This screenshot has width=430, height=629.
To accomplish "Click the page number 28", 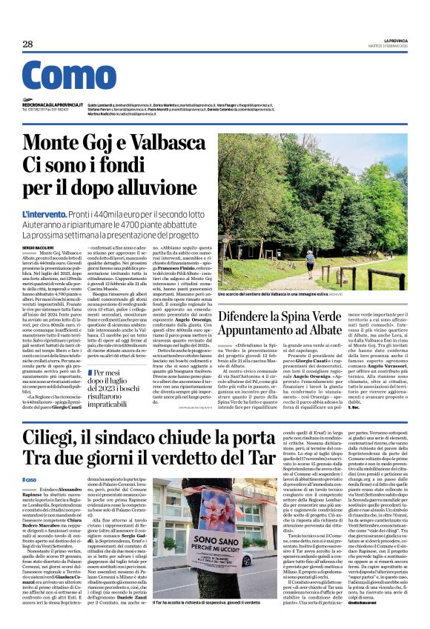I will (27, 44).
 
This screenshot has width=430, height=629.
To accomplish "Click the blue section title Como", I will (69, 79).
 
